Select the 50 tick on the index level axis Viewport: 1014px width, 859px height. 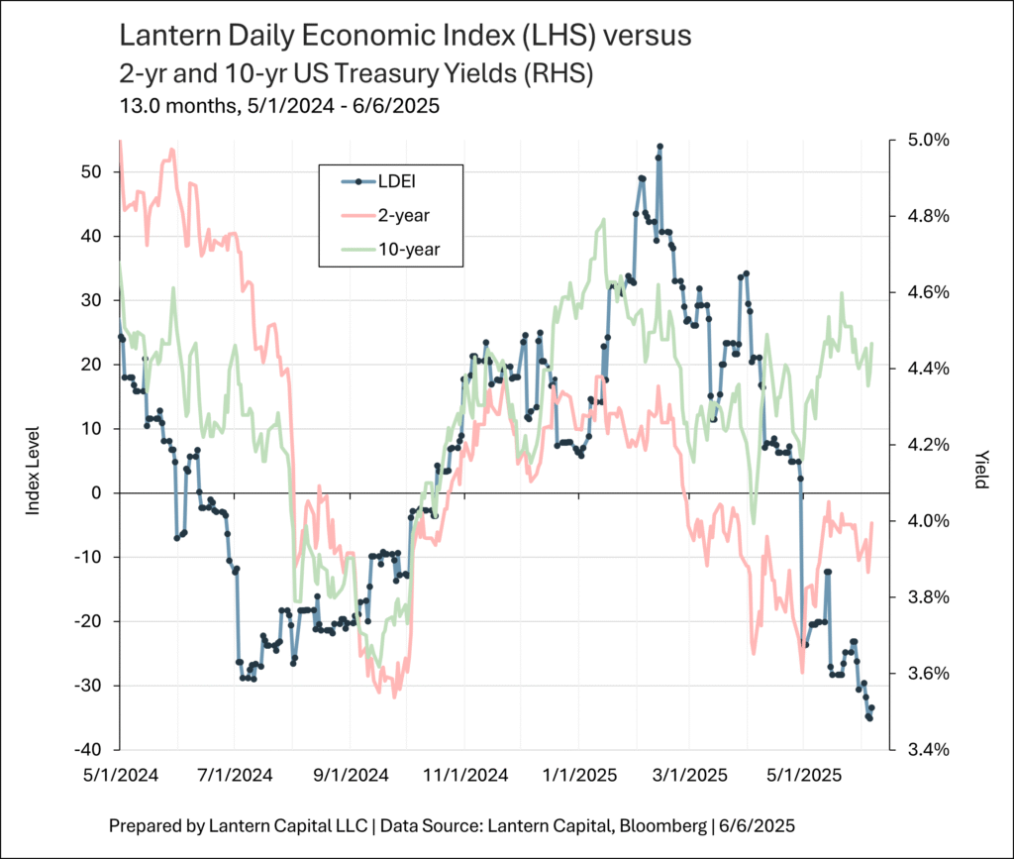(91, 171)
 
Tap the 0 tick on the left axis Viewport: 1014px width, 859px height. (96, 492)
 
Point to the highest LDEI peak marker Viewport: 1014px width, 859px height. (659, 147)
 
